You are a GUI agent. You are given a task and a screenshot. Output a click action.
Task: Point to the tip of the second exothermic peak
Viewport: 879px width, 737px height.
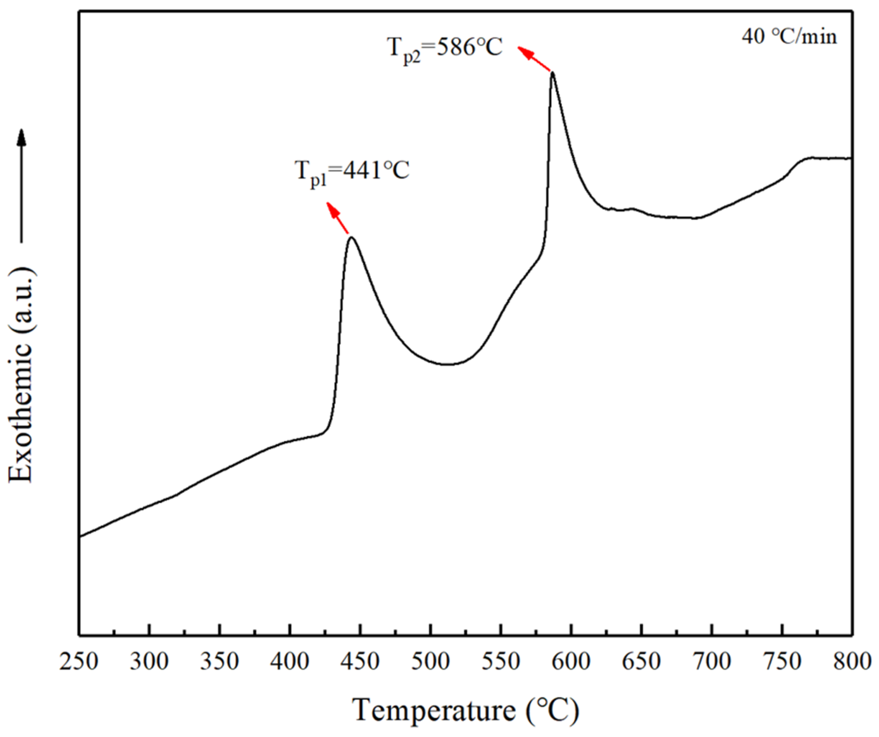click(552, 73)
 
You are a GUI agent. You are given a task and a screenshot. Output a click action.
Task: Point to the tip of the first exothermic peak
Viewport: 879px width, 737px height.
click(351, 237)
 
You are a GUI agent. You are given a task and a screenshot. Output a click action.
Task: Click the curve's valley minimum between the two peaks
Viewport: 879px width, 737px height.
click(447, 364)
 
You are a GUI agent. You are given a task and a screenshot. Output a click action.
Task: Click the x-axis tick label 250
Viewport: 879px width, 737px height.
click(79, 662)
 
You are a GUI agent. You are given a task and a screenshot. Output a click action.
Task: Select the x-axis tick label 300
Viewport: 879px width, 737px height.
click(149, 662)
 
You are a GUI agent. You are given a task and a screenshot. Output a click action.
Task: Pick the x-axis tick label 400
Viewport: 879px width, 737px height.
click(290, 662)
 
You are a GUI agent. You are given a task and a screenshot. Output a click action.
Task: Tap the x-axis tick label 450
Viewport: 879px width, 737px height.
click(360, 662)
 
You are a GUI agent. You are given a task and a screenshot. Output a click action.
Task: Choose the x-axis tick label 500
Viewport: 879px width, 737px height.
click(430, 662)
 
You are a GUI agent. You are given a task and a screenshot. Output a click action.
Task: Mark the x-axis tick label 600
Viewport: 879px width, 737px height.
click(571, 662)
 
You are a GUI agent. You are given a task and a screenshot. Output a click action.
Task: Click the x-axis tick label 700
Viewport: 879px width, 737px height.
click(712, 662)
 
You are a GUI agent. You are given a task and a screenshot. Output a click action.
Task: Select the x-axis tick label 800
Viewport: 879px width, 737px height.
click(851, 662)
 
